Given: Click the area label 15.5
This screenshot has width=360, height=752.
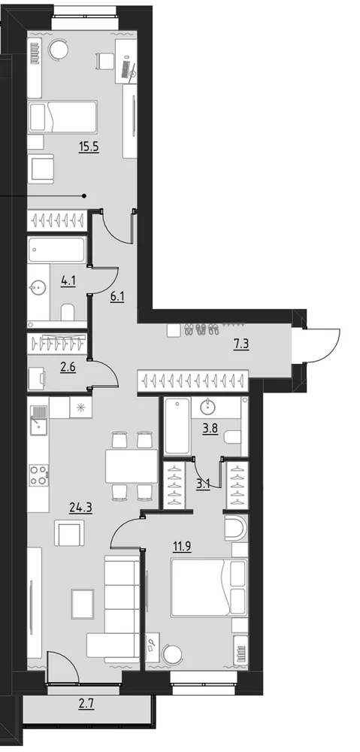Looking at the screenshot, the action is [89, 147].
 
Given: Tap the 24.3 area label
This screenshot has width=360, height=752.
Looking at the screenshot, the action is [80, 508].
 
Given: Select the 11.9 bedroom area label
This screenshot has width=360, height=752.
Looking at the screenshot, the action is [182, 547].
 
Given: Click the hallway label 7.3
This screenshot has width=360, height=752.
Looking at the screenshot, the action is [241, 345].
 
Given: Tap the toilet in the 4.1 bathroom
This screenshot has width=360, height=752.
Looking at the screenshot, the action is [68, 312].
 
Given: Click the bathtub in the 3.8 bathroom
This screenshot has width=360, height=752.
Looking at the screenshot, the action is [177, 426].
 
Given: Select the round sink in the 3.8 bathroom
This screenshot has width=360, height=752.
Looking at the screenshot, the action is [209, 407].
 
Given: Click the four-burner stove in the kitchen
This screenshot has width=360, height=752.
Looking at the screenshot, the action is [39, 475].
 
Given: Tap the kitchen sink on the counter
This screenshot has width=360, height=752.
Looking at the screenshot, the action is [38, 420].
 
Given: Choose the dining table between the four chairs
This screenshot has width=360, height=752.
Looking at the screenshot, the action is [132, 465].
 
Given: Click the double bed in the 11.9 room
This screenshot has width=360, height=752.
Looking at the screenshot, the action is [209, 587].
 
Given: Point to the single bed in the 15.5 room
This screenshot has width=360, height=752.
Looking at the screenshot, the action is [62, 117].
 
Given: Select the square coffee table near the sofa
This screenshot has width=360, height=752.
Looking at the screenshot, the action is [83, 604].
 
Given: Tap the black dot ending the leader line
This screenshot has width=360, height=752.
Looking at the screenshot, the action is [84, 196].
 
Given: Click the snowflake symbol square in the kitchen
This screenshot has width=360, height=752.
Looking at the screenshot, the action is [80, 408].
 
